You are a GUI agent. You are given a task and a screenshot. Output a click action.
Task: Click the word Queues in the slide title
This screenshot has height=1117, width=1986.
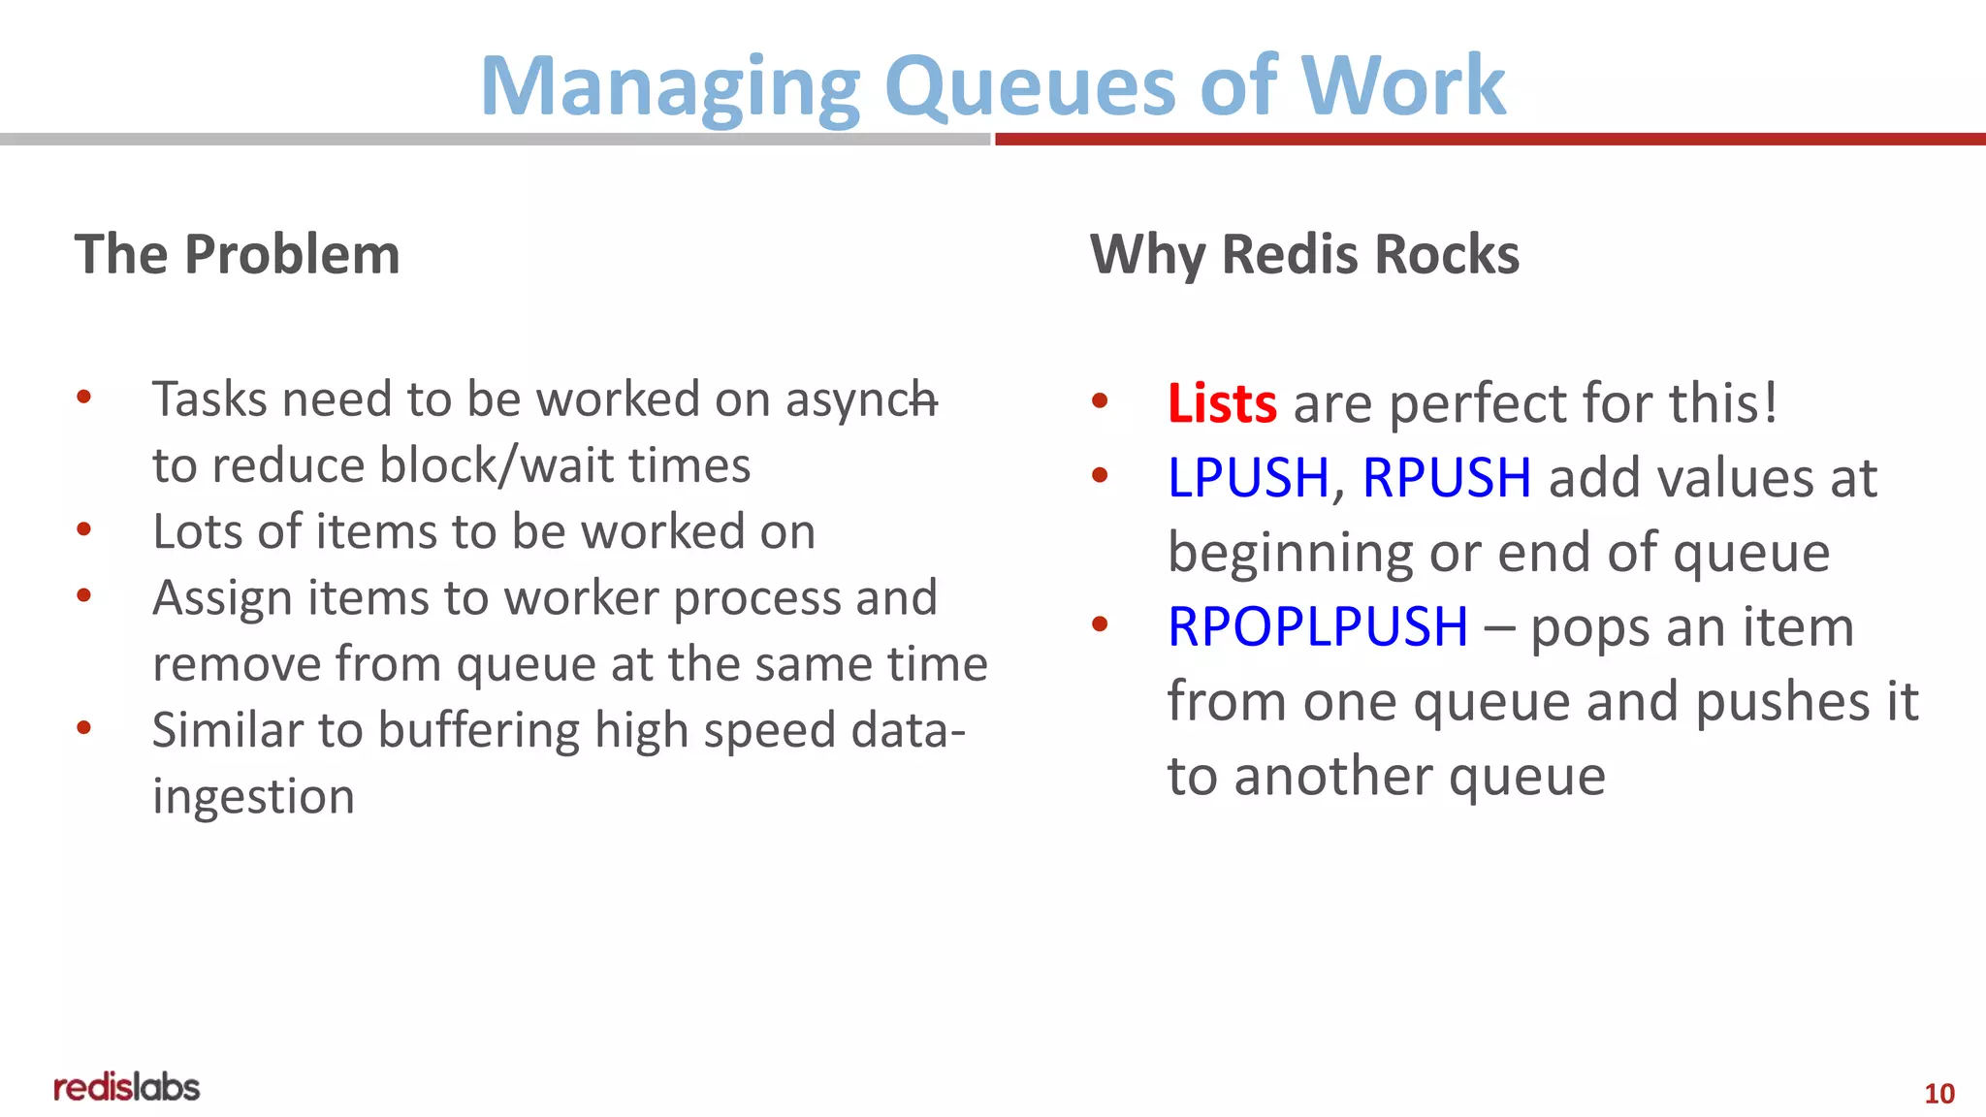coord(1030,87)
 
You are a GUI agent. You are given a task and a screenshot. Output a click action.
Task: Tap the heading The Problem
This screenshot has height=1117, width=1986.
coord(237,255)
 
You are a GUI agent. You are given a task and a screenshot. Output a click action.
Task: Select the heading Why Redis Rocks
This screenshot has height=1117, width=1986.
coord(1303,255)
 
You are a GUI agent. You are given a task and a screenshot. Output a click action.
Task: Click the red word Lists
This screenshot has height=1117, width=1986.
coord(1221,403)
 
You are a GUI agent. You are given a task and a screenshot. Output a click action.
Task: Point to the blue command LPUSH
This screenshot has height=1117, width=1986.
coord(1247,478)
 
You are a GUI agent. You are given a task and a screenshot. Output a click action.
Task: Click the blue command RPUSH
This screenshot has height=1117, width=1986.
coord(1446,478)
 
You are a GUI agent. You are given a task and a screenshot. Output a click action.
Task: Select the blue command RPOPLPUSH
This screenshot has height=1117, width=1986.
coord(1317,627)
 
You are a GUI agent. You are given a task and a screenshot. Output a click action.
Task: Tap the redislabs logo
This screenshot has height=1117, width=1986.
coord(127,1088)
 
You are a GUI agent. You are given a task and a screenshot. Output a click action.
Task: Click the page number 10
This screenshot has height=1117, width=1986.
coord(1938,1094)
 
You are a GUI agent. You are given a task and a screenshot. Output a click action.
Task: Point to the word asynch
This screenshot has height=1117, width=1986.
coord(860,400)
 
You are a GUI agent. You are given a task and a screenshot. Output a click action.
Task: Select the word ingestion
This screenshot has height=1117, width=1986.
coord(253,797)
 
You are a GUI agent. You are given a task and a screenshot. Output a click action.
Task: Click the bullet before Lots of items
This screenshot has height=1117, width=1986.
coord(84,529)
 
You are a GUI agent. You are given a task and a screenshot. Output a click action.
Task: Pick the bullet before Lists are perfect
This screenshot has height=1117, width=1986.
coord(1099,400)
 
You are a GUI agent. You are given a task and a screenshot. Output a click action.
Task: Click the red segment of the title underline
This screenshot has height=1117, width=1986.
coord(1489,140)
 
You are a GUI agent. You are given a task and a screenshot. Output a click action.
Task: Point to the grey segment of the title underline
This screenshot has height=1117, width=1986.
coord(495,140)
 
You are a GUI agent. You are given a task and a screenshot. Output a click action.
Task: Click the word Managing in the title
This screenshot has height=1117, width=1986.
coord(669,87)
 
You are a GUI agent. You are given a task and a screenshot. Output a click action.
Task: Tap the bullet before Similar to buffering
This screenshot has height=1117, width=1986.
coord(84,727)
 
